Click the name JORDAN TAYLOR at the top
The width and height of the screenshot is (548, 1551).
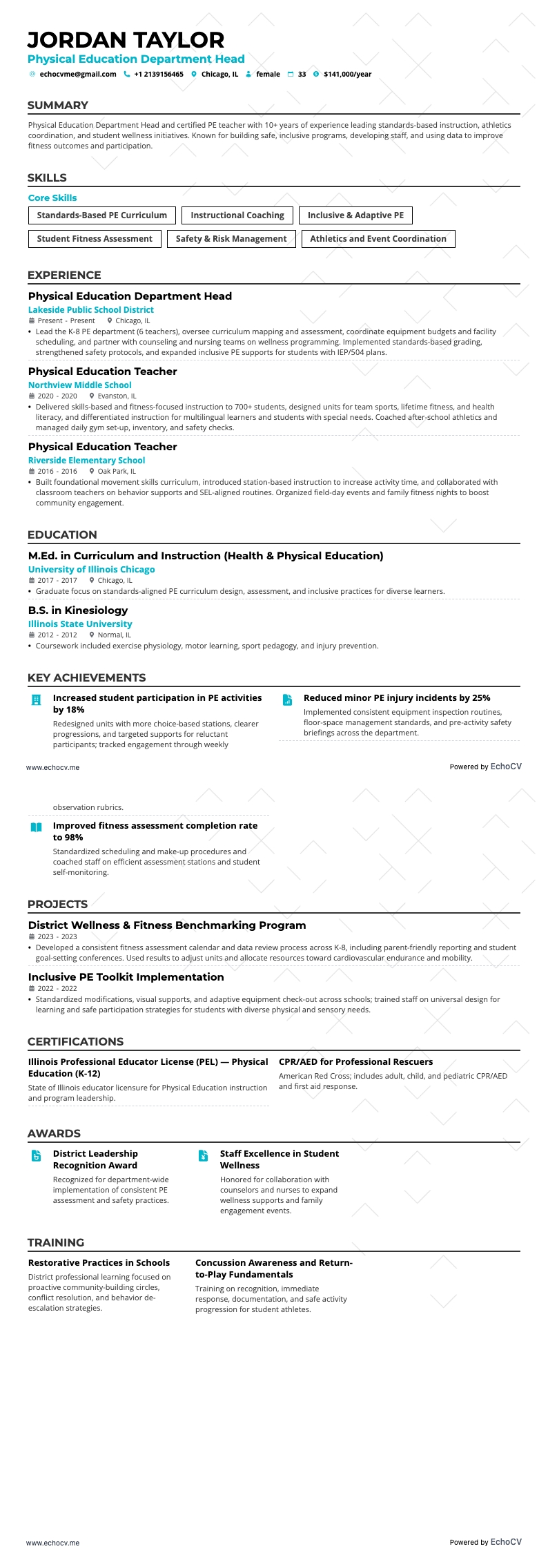126,40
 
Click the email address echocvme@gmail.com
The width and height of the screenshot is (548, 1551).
77,75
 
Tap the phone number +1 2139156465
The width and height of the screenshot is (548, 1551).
158,75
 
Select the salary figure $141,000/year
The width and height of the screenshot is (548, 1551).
347,75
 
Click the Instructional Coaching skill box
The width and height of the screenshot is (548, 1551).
237,215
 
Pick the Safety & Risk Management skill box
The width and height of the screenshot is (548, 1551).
231,239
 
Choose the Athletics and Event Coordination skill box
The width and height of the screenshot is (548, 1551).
378,239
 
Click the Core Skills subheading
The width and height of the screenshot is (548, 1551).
52,198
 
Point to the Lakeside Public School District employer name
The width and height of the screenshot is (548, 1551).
90,310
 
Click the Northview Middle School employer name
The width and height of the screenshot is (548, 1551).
79,385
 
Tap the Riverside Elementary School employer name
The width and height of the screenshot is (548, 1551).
86,461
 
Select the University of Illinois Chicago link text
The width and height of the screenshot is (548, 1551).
91,570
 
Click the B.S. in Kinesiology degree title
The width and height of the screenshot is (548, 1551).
78,610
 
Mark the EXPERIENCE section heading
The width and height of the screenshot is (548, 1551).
64,275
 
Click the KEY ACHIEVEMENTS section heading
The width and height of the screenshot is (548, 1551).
86,677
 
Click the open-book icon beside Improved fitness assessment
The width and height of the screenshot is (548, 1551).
37,827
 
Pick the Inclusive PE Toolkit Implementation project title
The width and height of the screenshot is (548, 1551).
126,977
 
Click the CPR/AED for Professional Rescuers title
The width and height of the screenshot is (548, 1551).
355,1062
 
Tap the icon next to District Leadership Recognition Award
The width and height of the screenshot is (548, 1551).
37,1156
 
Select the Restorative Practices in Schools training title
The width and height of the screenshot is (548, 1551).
99,1263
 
